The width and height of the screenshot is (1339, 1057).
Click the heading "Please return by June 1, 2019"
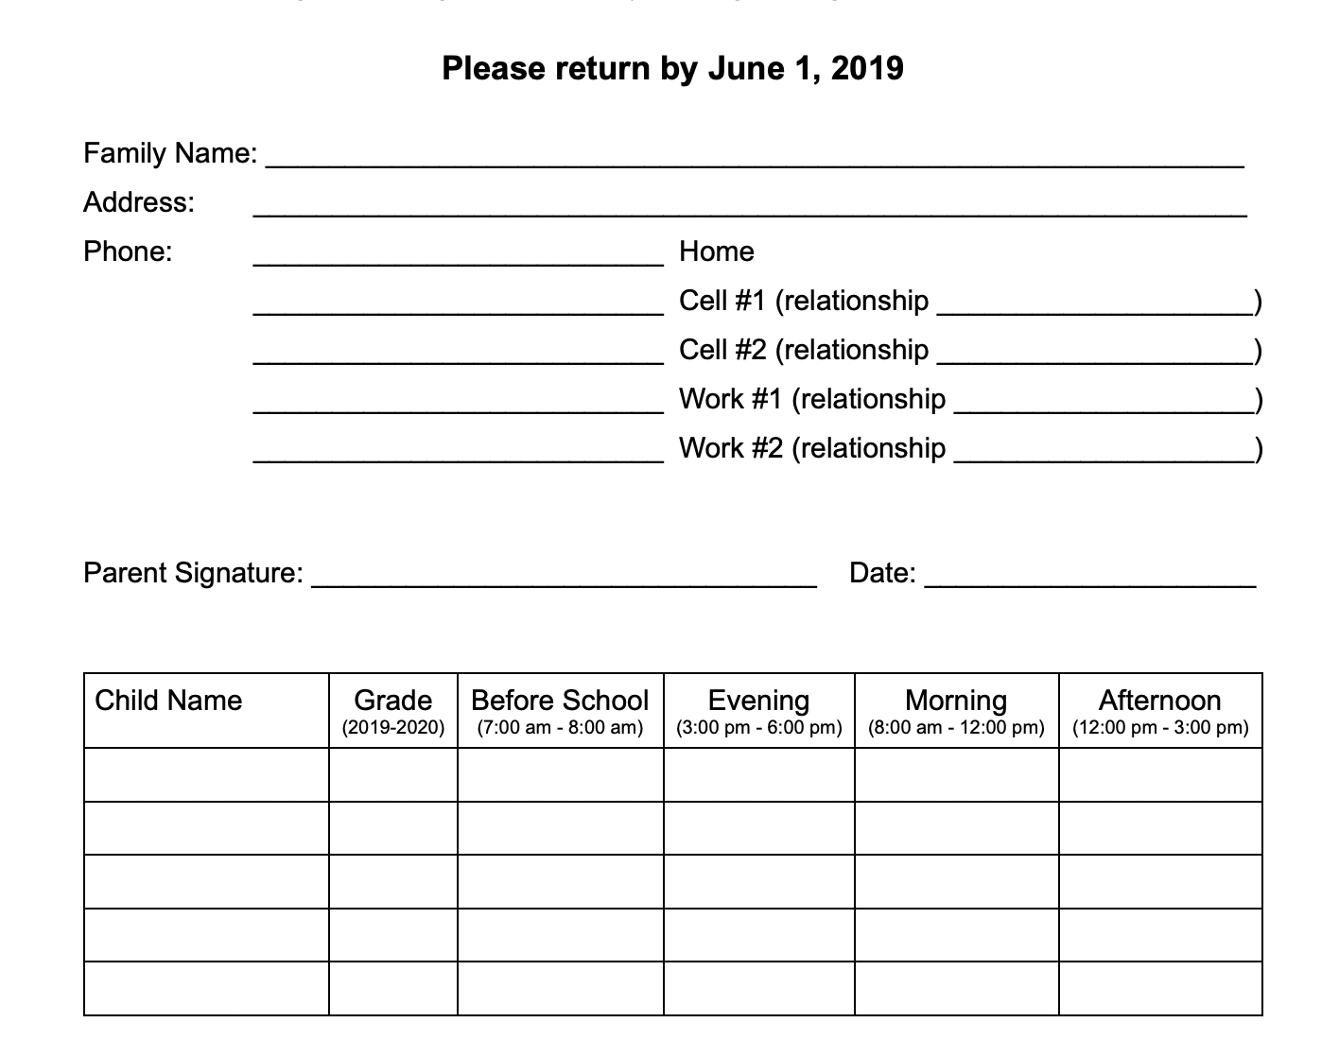pos(672,68)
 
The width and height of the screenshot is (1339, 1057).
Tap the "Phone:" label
pos(128,251)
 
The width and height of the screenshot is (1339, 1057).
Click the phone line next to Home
pos(459,259)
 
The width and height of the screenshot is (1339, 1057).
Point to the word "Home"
pos(716,251)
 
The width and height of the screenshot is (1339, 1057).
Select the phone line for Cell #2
pos(459,357)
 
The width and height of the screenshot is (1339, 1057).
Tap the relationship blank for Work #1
pos(1104,407)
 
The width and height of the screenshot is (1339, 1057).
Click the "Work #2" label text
pos(731,448)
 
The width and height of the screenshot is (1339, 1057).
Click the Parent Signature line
pos(565,580)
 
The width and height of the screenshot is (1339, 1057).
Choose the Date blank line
pos(1089,580)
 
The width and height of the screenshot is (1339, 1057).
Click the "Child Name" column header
pos(168,701)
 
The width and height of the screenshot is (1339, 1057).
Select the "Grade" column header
pos(392,701)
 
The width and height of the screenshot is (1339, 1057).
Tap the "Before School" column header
pos(560,701)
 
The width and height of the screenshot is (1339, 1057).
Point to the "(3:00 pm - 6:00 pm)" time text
pos(758,728)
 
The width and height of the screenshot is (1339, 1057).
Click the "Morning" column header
pos(956,701)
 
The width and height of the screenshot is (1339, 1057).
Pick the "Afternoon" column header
pos(1159,701)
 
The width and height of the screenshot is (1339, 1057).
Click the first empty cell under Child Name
pos(206,775)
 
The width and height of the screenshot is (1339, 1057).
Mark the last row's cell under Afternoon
pos(1160,988)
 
